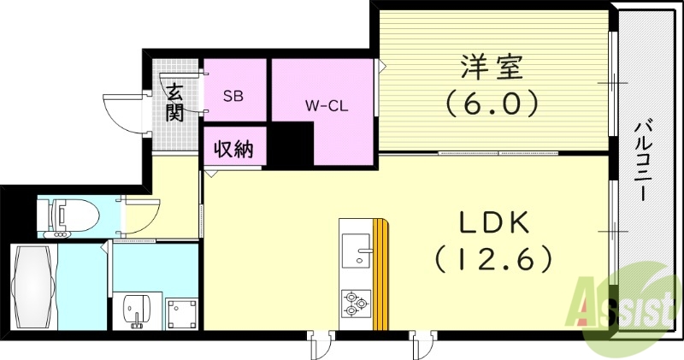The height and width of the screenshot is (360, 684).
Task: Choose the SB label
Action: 233,96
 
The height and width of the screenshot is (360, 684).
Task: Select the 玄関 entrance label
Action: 175,102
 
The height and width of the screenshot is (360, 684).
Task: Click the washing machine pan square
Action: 181,313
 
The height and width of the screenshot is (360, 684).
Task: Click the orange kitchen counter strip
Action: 381,274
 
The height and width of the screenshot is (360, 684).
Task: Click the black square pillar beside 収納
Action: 287,145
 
